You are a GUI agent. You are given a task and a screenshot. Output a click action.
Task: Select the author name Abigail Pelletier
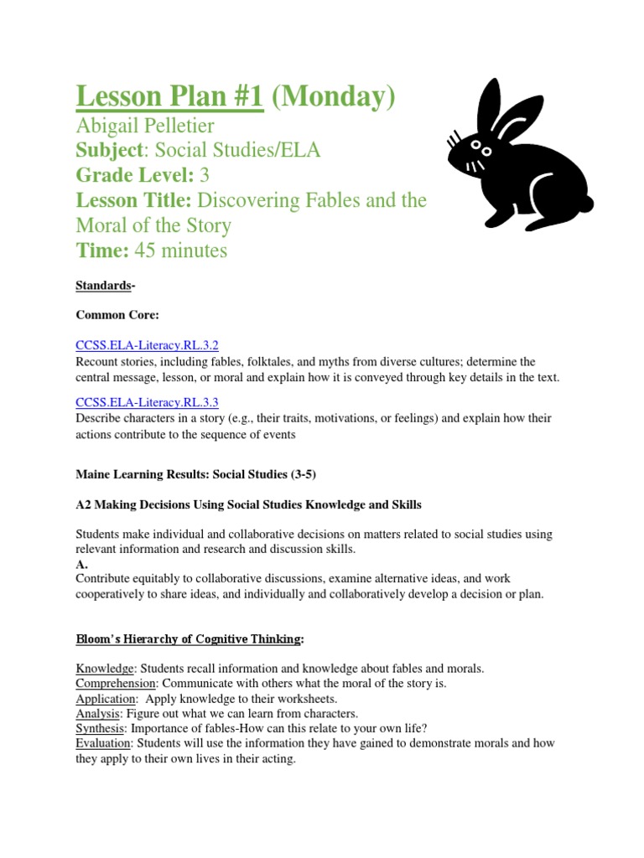[x=145, y=127]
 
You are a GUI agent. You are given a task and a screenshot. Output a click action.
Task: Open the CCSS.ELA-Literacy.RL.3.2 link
[x=147, y=345]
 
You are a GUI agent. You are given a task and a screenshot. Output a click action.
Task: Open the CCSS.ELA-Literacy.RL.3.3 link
[x=147, y=402]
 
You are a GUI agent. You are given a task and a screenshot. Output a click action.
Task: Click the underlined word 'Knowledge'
[x=105, y=669]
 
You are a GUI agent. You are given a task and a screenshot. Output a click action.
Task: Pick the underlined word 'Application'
[x=106, y=699]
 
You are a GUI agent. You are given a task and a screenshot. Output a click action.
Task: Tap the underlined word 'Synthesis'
[x=100, y=729]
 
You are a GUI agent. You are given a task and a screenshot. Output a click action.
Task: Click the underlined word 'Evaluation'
[x=103, y=743]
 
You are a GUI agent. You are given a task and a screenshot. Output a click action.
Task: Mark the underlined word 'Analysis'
[x=98, y=714]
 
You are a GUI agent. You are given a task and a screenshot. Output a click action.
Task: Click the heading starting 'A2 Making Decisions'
[x=248, y=504]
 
